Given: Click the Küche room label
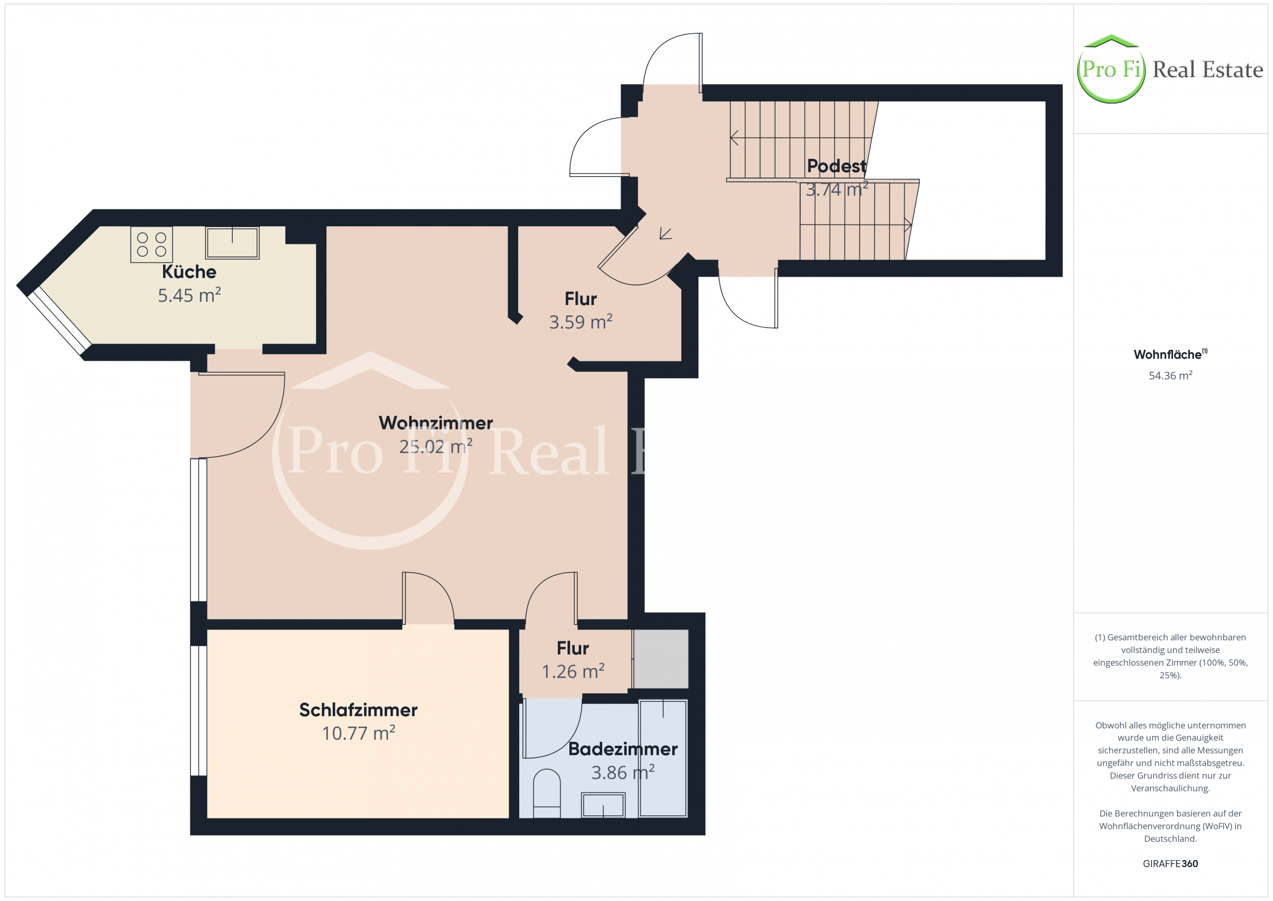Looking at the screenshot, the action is coord(189,272).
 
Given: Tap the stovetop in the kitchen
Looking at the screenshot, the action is coord(151,244).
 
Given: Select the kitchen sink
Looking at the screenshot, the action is coord(232,242).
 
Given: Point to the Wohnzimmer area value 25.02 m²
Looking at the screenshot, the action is coord(436,446).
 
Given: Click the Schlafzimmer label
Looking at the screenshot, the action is coord(358,709).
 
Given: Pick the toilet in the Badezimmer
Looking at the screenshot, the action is coord(546,793).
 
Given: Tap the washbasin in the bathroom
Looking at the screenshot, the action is coord(603,804).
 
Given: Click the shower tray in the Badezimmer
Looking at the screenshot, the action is coord(663,758).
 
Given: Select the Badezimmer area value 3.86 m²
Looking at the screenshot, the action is coord(623,772).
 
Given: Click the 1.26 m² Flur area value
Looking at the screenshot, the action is coord(573,671).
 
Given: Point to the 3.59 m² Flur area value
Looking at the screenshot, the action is coord(580,322).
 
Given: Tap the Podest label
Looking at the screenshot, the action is coord(836,166).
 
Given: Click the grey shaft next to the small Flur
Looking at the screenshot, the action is coord(661,659).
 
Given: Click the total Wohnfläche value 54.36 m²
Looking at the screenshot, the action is coord(1171,376).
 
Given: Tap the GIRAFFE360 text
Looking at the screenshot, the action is coord(1171,864).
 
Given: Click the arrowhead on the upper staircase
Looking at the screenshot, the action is coord(734,138).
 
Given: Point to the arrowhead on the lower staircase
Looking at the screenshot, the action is coord(908,225).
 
